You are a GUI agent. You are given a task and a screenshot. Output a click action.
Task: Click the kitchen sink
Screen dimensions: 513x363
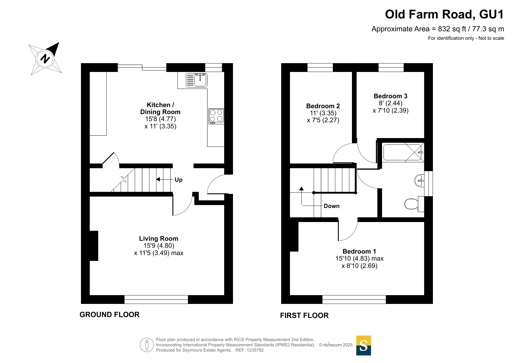196,80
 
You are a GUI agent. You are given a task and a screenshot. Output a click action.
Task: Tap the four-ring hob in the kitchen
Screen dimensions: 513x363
216,116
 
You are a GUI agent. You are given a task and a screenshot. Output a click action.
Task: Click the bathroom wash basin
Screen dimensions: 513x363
419,180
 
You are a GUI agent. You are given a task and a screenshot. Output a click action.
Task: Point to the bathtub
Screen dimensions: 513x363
403,152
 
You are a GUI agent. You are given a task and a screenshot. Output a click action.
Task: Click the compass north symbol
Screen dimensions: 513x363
45,59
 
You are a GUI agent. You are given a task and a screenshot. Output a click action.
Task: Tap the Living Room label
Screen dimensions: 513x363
159,239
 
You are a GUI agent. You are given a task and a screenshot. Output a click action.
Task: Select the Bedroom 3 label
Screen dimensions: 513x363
391,96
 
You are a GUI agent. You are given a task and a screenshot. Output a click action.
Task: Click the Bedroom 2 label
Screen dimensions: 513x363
323,106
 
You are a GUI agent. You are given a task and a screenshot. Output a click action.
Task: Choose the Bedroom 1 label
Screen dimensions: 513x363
359,251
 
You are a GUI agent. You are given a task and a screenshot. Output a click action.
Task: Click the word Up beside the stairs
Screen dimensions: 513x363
179,180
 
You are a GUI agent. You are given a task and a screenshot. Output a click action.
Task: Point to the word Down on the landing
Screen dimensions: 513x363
332,206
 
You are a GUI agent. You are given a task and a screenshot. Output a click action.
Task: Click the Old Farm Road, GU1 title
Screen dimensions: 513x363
444,14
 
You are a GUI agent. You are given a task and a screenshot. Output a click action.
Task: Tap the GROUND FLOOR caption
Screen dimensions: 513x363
110,315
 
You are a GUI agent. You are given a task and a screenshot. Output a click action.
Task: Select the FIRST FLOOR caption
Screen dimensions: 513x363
304,316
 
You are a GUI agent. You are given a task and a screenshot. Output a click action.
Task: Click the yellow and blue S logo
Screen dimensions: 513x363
364,345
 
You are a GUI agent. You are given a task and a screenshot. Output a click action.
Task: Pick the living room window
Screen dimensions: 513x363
156,300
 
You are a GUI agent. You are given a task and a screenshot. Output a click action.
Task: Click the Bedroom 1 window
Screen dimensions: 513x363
354,300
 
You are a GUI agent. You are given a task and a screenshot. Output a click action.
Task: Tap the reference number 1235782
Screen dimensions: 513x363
255,350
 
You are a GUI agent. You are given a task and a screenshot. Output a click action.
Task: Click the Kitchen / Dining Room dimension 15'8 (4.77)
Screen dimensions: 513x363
160,119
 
